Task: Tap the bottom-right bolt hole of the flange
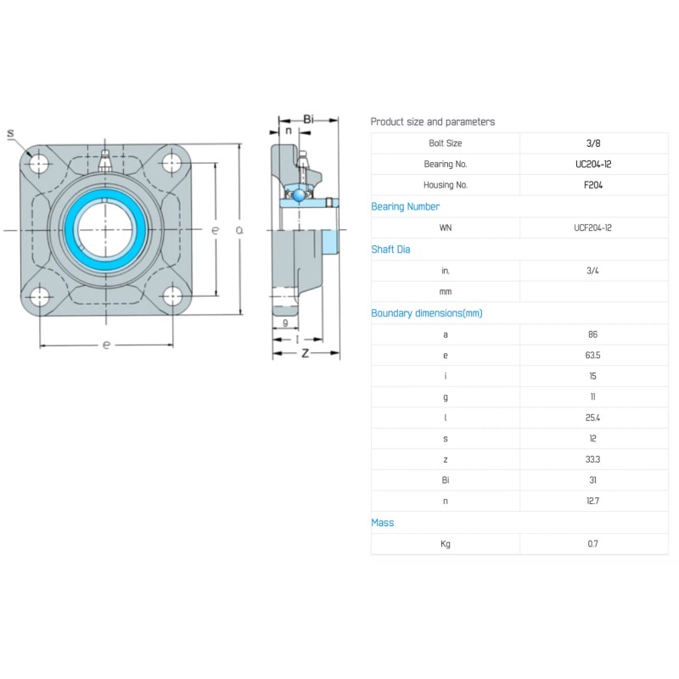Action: [173, 296]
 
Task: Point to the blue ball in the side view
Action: [299, 194]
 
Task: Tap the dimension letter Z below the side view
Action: [304, 352]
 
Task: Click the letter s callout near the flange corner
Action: [11, 133]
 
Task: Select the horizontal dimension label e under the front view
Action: [106, 345]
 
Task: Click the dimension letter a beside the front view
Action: [239, 231]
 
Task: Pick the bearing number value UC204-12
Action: [593, 164]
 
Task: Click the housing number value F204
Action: [593, 185]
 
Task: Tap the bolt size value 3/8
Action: [593, 143]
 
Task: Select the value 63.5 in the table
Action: [592, 356]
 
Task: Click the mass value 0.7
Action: [592, 544]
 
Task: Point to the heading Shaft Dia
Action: [390, 250]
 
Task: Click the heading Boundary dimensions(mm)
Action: [426, 313]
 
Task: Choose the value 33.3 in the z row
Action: [592, 460]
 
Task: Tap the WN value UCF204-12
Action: [592, 228]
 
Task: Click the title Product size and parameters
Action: [433, 122]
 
